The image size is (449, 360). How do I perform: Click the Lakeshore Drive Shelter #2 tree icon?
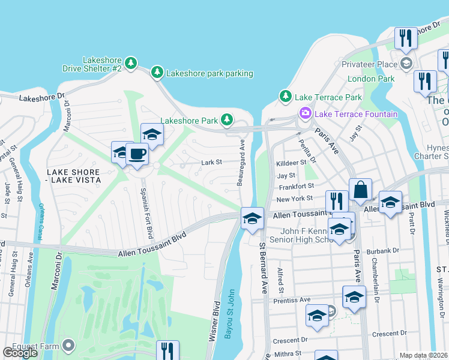[131, 62]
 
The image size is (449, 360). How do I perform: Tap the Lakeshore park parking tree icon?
[157, 73]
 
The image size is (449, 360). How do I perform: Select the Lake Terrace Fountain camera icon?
[305, 113]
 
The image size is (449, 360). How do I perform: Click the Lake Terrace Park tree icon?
[286, 97]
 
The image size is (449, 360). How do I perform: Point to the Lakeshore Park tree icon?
[226, 120]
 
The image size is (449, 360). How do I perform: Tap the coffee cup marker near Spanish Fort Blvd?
[137, 154]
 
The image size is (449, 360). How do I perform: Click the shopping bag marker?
[360, 190]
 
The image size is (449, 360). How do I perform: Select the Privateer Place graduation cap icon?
[406, 64]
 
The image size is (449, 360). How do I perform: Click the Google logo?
[20, 353]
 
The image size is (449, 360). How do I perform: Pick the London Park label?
[370, 79]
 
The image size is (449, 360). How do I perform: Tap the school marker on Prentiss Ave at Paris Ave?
[354, 297]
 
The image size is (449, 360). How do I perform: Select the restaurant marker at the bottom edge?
[168, 351]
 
